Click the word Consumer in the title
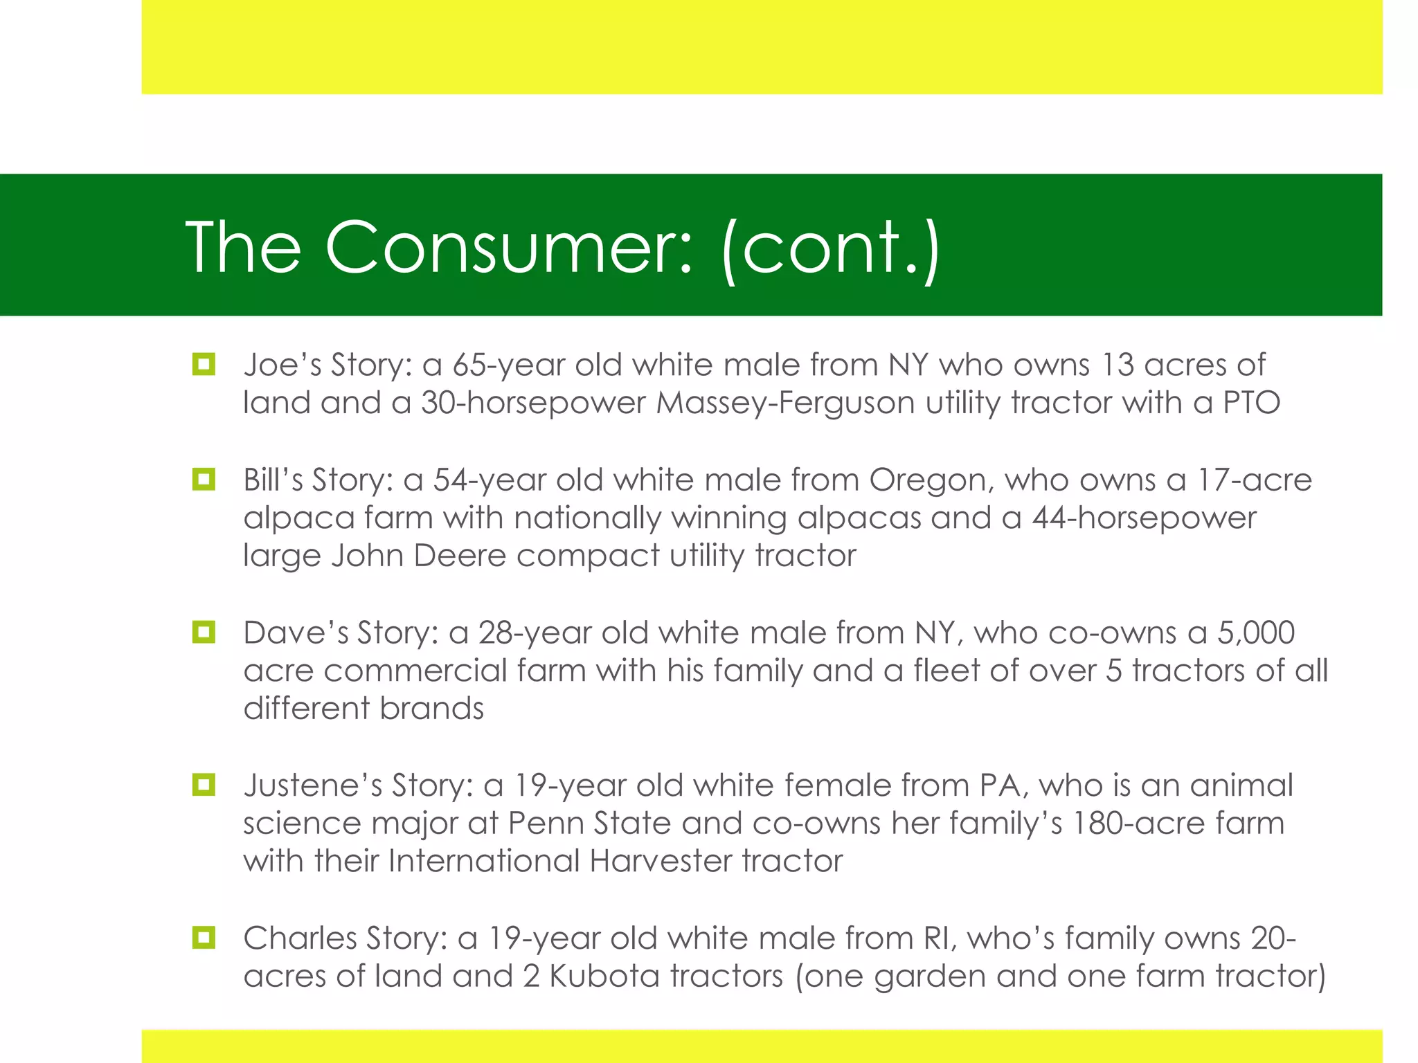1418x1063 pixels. (509, 248)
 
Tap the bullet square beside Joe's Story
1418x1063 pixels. (204, 364)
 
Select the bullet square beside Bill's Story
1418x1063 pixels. (204, 479)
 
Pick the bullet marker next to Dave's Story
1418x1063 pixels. (204, 632)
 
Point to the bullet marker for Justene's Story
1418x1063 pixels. (204, 785)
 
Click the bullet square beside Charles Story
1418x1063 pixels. (204, 938)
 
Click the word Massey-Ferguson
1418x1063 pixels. (785, 403)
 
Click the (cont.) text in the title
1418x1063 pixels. (831, 248)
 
